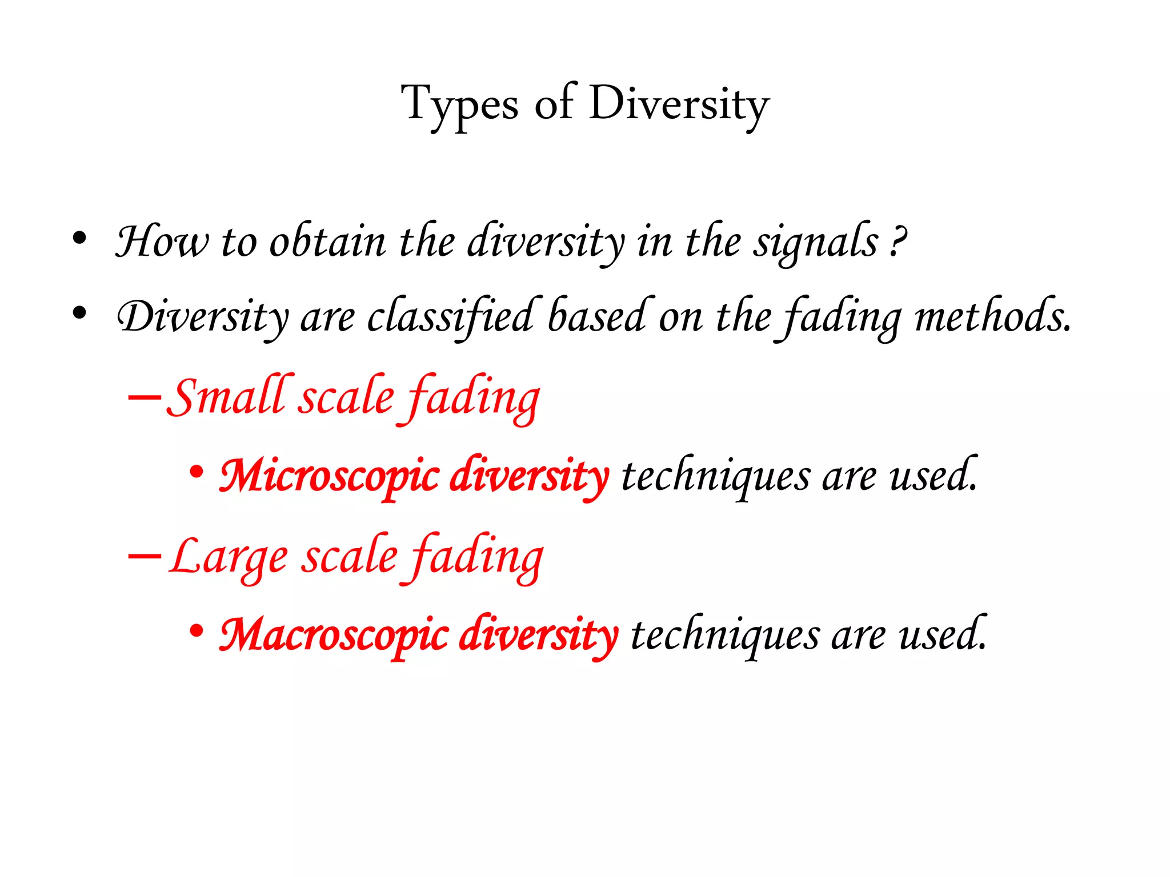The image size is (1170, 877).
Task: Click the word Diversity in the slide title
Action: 679,104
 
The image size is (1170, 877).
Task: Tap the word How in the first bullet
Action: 162,242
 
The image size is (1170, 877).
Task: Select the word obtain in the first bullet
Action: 328,242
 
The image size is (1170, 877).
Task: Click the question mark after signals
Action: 898,242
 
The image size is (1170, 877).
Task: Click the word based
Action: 597,315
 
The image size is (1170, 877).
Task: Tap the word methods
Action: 993,315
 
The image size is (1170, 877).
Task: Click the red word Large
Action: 229,556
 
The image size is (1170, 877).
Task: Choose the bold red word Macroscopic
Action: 334,635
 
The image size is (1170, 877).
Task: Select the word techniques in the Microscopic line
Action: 715,476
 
